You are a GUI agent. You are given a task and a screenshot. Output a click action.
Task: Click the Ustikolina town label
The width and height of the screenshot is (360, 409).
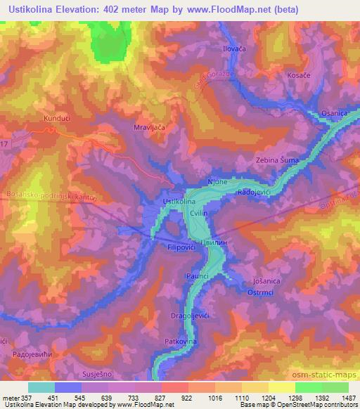click(x=179, y=202)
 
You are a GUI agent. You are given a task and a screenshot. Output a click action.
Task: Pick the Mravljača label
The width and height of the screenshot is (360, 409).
click(x=148, y=129)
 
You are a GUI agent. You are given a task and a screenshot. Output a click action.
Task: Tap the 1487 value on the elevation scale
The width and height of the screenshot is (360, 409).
click(x=346, y=397)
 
